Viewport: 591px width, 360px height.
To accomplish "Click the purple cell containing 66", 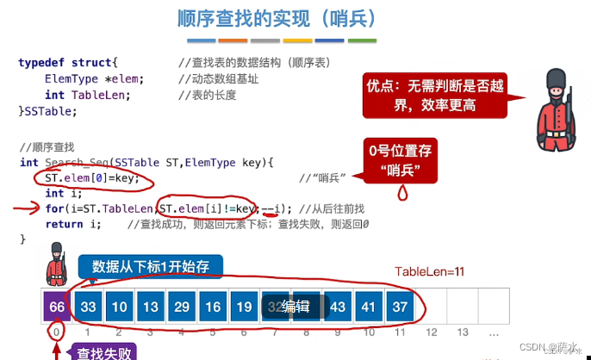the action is point(57,307).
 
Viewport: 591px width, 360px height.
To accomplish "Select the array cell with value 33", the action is point(88,307).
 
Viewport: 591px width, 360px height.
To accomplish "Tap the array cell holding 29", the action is point(182,307).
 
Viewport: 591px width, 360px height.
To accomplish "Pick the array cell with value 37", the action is point(399,307).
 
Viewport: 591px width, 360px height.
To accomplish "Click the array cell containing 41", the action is point(368,307).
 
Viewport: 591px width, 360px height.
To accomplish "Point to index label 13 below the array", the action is point(463,332).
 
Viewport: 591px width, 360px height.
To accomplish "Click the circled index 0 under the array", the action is point(57,332).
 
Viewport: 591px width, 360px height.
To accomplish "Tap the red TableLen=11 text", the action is point(429,272).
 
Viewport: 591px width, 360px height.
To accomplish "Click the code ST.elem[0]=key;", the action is point(91,178).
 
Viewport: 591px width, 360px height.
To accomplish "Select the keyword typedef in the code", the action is point(40,63).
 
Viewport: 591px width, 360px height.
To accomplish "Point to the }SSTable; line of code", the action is point(47,110).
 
